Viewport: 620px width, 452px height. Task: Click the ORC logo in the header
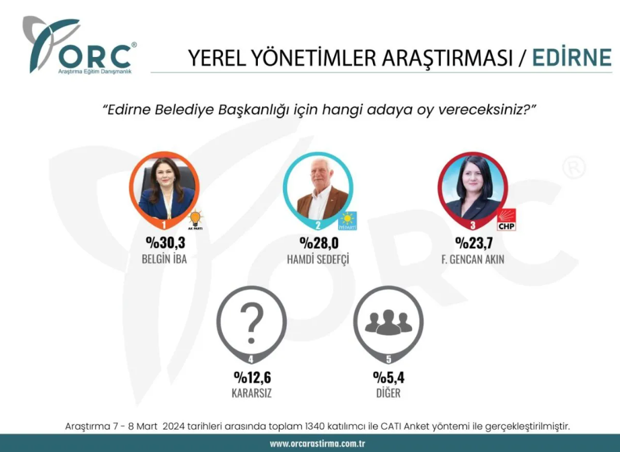(x=79, y=46)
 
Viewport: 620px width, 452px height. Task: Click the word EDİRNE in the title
(x=572, y=58)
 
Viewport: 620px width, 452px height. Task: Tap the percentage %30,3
(x=165, y=243)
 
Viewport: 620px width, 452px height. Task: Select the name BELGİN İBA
(x=164, y=260)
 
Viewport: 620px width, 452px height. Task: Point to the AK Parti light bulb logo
(x=195, y=220)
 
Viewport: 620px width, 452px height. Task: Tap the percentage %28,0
(x=319, y=243)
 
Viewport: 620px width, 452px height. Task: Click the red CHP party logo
(x=507, y=220)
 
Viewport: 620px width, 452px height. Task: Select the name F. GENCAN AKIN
(x=472, y=260)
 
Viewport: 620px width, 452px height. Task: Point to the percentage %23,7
(x=474, y=243)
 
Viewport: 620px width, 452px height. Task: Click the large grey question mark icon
(x=252, y=323)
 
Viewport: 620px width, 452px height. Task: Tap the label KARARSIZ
(x=251, y=393)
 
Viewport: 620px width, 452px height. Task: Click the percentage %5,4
(x=389, y=377)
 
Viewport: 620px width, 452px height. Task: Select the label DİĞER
(x=389, y=393)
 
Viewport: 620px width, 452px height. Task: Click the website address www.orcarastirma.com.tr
(x=317, y=444)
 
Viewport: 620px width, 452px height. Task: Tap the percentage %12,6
(x=252, y=377)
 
